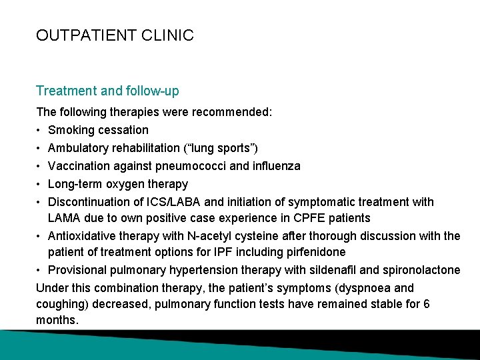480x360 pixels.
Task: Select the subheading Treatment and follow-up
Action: coord(107,91)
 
